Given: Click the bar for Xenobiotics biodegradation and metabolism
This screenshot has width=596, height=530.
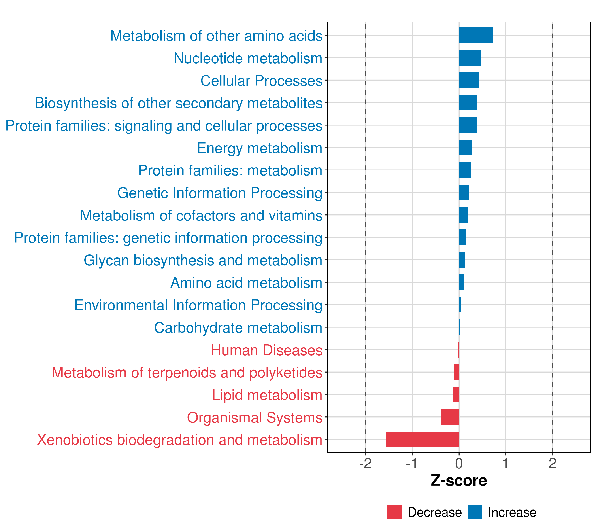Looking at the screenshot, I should tap(422, 439).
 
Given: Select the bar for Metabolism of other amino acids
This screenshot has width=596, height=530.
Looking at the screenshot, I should tap(476, 35).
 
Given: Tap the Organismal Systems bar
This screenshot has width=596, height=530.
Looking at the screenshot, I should tap(450, 417).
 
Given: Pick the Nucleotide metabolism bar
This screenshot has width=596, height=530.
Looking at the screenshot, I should tap(470, 58).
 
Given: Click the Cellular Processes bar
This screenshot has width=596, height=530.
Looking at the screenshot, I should tap(469, 80).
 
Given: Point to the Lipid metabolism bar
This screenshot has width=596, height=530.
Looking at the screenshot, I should tap(456, 394).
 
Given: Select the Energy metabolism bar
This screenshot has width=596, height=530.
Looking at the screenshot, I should tap(465, 148).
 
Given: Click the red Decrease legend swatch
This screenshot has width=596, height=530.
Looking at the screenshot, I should tap(394, 512).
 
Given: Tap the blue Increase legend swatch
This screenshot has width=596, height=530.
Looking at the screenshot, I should tap(475, 512).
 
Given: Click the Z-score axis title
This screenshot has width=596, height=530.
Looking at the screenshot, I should tap(459, 480).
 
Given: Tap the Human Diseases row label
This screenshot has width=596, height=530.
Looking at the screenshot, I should tap(266, 350).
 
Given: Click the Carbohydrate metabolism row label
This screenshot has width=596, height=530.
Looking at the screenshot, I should tap(238, 327).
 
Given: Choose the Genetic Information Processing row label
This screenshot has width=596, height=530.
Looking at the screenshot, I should tap(220, 193).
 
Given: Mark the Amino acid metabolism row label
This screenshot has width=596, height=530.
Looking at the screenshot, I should tap(246, 283).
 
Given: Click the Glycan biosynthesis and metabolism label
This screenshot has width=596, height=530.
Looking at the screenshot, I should tap(203, 260).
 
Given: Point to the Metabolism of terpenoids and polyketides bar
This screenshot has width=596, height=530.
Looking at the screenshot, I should tap(456, 372).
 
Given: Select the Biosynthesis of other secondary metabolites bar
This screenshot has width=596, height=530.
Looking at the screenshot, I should tap(468, 103).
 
